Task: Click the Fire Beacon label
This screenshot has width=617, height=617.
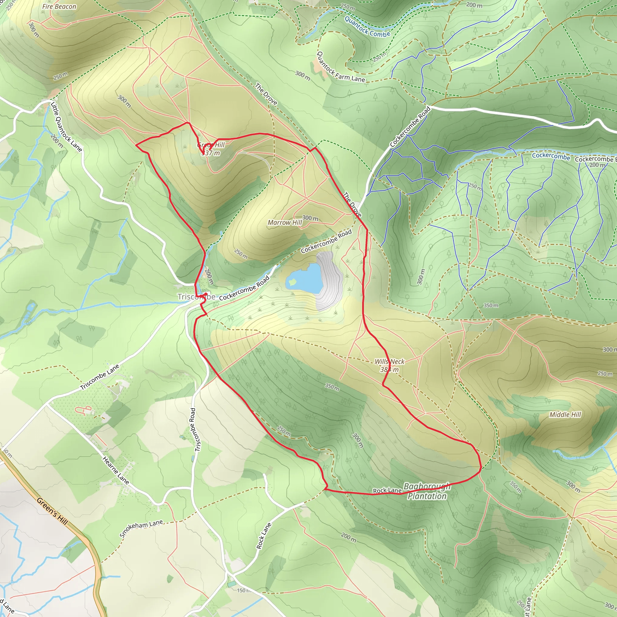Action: point(59,6)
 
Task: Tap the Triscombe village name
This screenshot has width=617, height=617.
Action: point(196,297)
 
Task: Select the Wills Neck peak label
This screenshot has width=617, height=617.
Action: point(389,362)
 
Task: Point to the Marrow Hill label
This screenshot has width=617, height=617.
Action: point(284,223)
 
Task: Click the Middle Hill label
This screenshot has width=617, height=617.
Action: point(565,415)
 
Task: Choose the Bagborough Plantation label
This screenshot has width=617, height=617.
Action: point(427,491)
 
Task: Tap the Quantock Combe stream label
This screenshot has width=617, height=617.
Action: point(367,27)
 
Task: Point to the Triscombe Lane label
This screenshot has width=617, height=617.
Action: point(100,377)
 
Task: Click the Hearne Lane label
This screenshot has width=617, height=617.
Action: point(116,470)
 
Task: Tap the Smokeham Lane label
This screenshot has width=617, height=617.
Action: point(141,528)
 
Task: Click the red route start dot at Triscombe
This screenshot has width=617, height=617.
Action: point(206,294)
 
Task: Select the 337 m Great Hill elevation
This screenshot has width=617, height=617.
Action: point(211,153)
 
